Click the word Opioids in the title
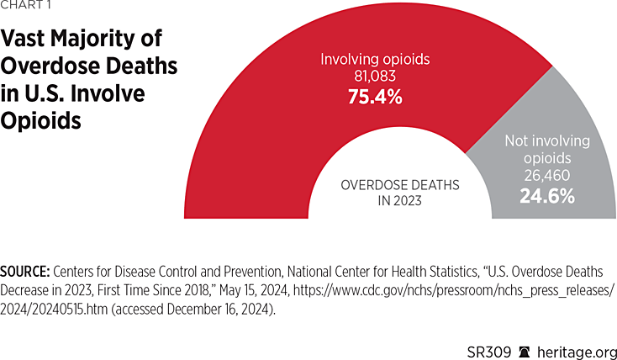click(x=46, y=120)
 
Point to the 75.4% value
click(x=375, y=98)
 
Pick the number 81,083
click(x=375, y=77)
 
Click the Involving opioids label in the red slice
click(x=375, y=60)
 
